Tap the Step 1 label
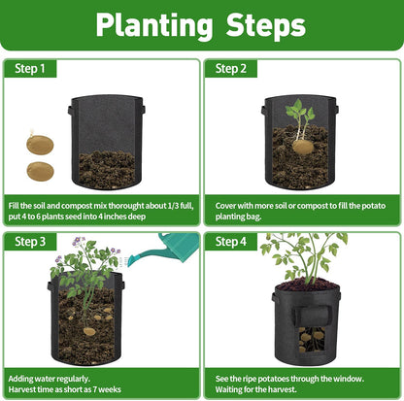coord(30,69)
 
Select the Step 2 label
coord(231,69)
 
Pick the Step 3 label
coord(30,242)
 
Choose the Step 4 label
coord(231,242)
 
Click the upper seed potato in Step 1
coord(40,145)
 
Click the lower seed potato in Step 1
coord(40,171)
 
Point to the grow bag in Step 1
coord(107,146)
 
